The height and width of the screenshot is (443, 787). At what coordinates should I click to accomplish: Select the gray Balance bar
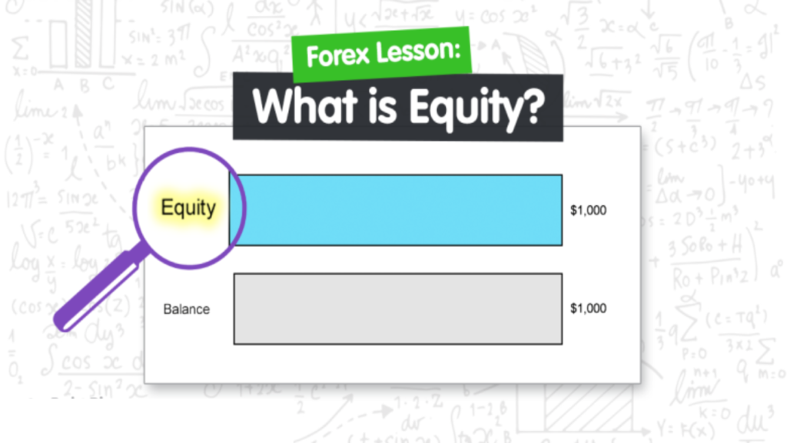397,308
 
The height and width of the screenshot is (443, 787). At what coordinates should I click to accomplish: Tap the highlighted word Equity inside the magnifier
188,207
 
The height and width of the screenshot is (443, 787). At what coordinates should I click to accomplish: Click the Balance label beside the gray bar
186,309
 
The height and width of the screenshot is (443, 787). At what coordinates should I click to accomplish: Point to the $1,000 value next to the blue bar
588,210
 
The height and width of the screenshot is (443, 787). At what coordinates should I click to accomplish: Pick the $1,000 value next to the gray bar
588,308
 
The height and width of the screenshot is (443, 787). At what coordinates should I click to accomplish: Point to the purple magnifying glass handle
96,292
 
